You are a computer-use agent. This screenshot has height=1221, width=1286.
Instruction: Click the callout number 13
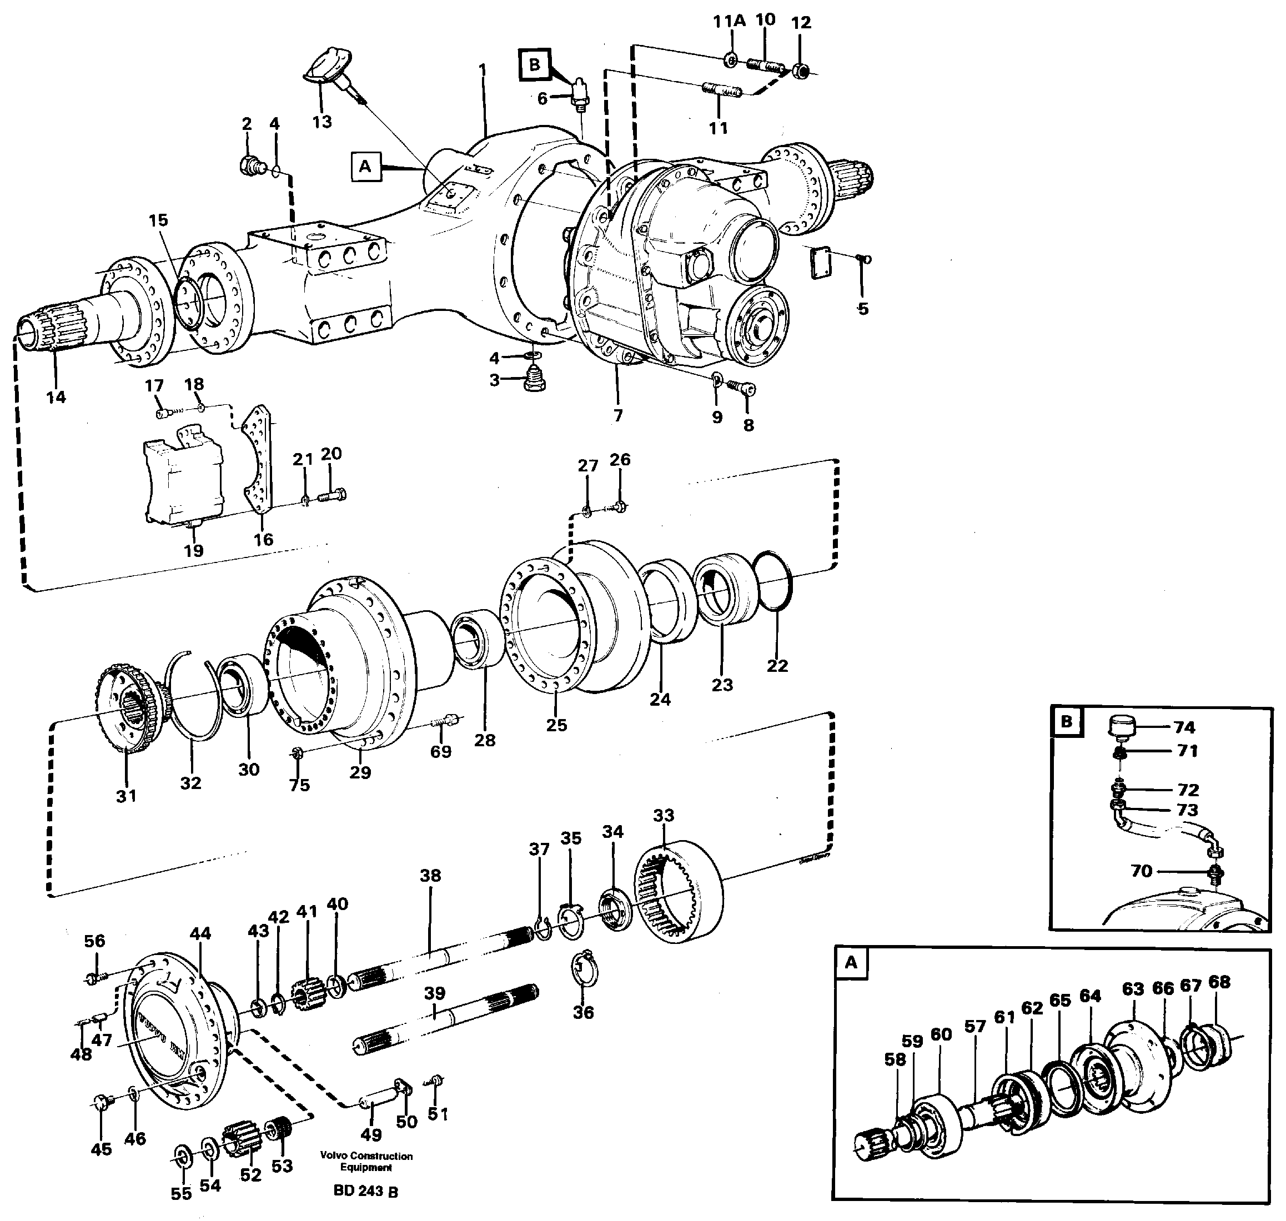(x=321, y=122)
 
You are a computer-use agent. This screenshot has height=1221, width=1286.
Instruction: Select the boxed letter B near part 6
(x=534, y=64)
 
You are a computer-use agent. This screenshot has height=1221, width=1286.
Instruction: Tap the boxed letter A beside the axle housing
(x=365, y=166)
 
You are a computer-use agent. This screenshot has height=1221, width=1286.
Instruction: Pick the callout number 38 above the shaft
(x=430, y=876)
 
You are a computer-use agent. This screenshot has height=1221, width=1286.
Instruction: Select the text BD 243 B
(x=366, y=1191)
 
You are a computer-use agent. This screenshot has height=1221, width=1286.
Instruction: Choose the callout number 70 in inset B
(x=1141, y=871)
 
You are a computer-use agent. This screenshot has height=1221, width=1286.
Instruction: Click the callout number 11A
(x=729, y=22)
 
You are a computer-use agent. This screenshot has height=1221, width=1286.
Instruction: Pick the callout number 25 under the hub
(x=556, y=725)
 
